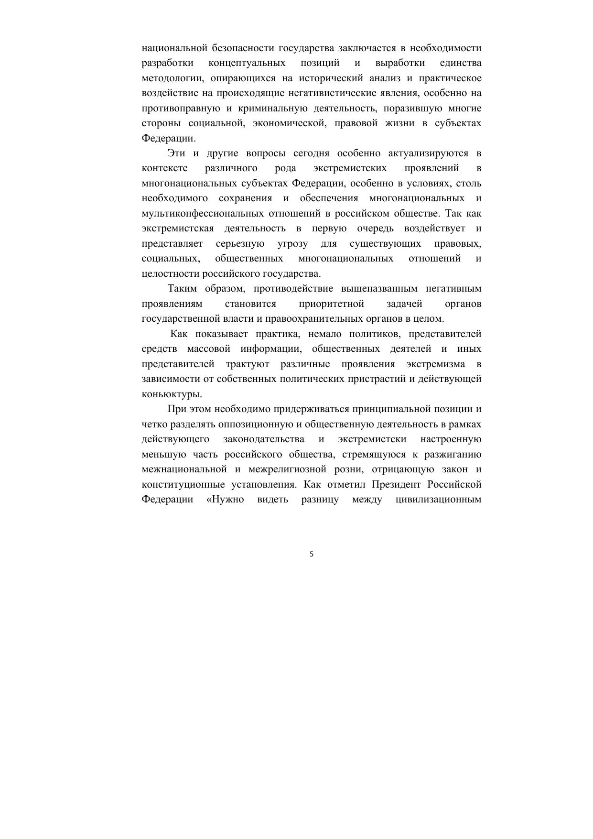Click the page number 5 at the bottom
312,555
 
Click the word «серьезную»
240,244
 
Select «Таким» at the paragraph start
182,289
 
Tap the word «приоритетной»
331,304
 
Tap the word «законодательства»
264,439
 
